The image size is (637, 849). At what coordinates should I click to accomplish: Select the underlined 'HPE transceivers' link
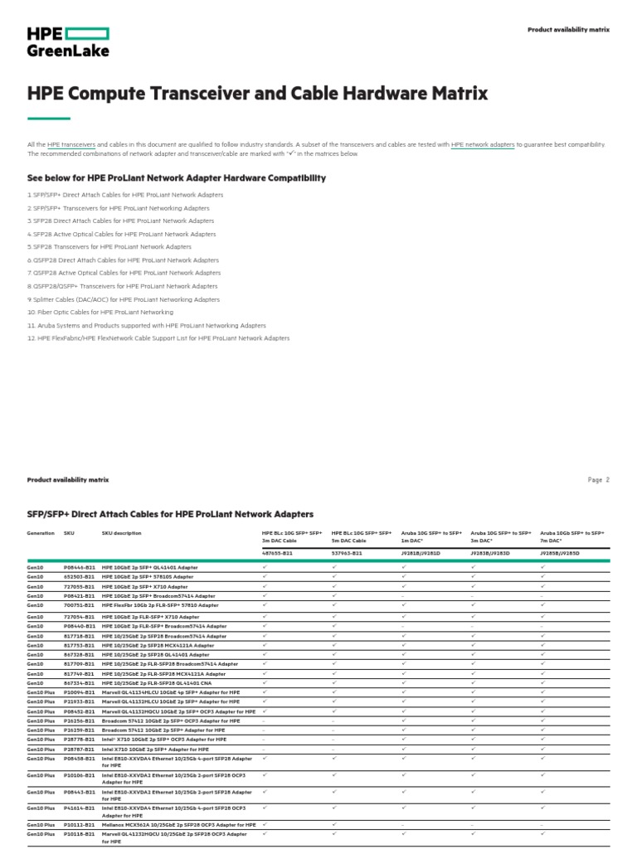tap(71, 144)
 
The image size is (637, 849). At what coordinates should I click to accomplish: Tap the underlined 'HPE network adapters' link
tap(483, 144)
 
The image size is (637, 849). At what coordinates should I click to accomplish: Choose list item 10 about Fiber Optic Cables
tap(100, 312)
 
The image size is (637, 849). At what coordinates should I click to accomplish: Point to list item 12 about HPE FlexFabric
tap(158, 338)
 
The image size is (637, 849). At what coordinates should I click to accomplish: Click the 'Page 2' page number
tap(598, 479)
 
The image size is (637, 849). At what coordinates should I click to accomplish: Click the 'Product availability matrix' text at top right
tap(568, 30)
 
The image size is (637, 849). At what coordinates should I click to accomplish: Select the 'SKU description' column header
tap(121, 533)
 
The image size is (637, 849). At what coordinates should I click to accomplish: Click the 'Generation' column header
tap(41, 533)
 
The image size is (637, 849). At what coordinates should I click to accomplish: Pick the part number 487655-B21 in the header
tap(277, 552)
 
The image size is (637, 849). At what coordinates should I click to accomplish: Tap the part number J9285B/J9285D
tap(560, 552)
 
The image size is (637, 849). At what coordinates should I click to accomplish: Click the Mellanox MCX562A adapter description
tap(178, 825)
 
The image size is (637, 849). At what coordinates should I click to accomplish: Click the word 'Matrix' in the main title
tap(453, 93)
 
